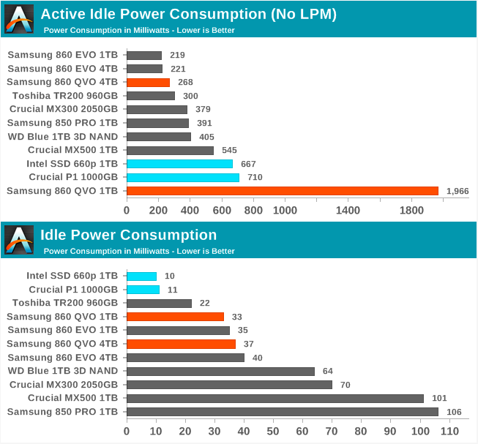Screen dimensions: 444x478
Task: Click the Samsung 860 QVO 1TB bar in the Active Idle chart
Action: [x=282, y=191]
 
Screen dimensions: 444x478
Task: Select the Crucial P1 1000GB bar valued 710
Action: [x=182, y=177]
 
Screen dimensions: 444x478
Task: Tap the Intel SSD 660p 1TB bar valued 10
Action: [x=141, y=276]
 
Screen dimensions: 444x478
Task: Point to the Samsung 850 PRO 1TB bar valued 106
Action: [x=282, y=412]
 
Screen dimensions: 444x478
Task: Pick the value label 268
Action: [x=185, y=82]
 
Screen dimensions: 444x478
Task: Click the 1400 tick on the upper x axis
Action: [x=348, y=211]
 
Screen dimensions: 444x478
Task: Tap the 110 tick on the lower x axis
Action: [x=449, y=432]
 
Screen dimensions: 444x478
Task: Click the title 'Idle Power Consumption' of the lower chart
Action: [x=128, y=236]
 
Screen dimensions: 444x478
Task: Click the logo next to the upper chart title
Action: [x=19, y=18]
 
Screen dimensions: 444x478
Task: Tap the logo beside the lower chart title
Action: [x=19, y=240]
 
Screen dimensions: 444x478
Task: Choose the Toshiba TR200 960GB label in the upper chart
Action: [x=65, y=96]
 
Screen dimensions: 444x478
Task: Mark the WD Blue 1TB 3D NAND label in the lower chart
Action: [x=62, y=371]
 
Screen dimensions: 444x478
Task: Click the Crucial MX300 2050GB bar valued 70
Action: [x=229, y=385]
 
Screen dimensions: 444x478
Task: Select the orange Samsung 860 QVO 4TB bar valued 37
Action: [x=181, y=344]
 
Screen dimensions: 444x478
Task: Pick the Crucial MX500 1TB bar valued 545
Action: [x=170, y=150]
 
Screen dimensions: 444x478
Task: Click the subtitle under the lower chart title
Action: [x=139, y=251]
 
